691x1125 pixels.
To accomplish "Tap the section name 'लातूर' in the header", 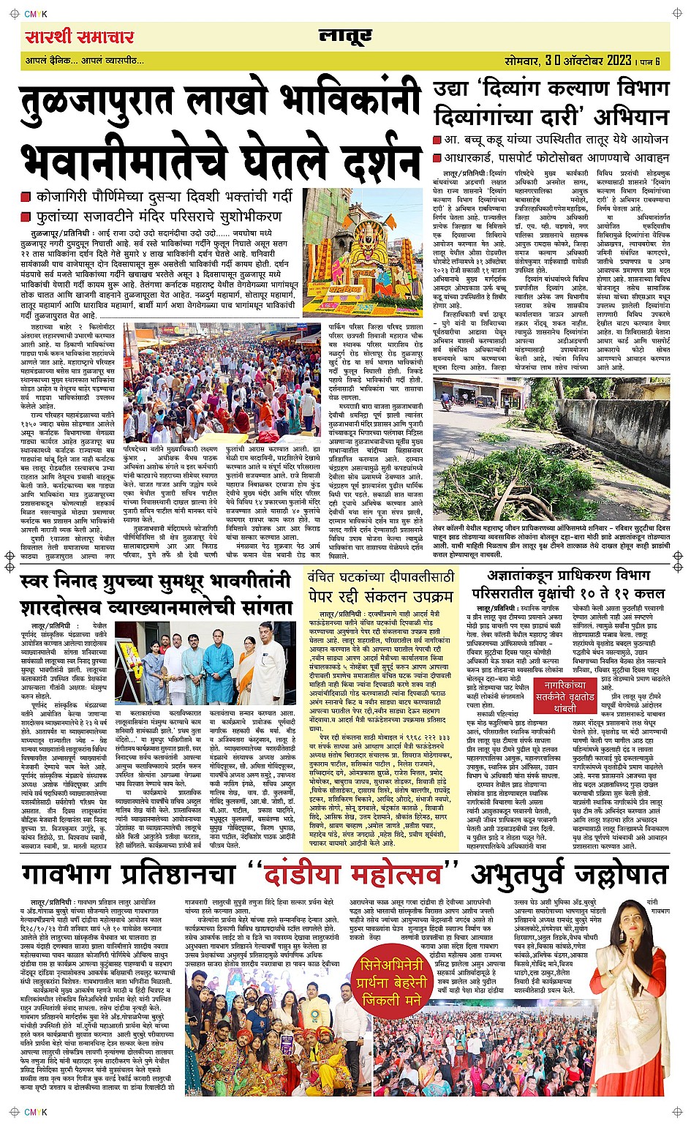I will pos(345,36).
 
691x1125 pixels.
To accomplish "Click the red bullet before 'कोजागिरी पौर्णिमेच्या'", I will pos(26,198).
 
